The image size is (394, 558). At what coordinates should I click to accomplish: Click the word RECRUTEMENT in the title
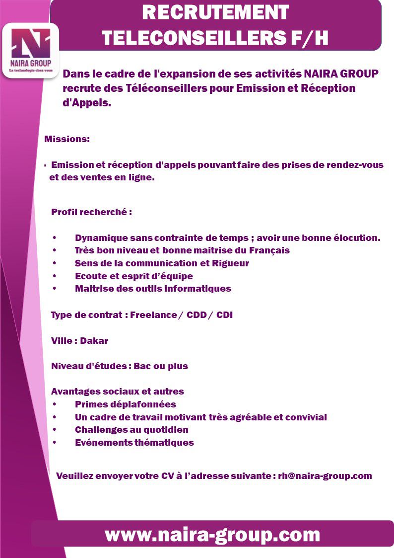click(x=215, y=13)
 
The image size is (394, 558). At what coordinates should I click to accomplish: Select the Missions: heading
click(x=67, y=139)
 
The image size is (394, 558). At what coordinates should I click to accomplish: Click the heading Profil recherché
click(x=91, y=212)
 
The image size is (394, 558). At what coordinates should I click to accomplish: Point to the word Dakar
click(x=94, y=341)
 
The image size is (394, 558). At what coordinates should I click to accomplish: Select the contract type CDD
click(x=197, y=315)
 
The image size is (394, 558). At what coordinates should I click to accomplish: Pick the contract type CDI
click(x=224, y=315)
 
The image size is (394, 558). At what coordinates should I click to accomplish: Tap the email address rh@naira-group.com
click(x=325, y=476)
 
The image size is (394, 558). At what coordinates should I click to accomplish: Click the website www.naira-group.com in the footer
click(x=212, y=535)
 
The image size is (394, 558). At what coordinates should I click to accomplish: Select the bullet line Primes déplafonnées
click(x=125, y=404)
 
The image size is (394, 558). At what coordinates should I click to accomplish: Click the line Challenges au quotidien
click(x=131, y=430)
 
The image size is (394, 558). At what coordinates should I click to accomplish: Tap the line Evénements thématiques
click(x=134, y=442)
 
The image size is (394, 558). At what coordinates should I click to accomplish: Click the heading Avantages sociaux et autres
click(x=117, y=392)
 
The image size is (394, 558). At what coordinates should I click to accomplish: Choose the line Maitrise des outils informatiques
click(x=153, y=289)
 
